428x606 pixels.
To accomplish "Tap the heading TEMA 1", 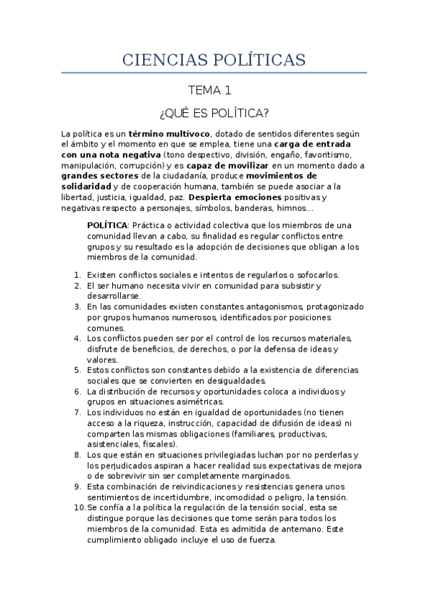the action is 209,91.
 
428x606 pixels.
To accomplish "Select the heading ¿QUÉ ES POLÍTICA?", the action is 214,114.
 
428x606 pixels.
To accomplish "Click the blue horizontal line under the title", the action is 214,73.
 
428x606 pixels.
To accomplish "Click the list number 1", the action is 77,274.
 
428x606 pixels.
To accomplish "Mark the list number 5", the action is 77,371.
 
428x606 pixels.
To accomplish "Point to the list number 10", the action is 79,507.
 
